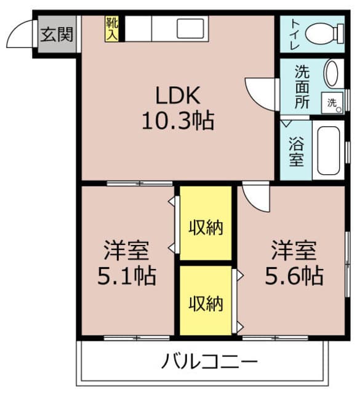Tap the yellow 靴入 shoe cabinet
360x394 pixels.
(112, 29)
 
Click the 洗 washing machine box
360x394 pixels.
(332, 103)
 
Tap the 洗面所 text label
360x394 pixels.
(302, 86)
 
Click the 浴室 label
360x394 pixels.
(296, 150)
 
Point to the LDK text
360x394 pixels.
(177, 96)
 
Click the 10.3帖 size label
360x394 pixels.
(177, 121)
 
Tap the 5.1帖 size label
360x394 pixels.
(126, 275)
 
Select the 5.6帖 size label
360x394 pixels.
(294, 275)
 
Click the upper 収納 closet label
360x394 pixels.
(206, 227)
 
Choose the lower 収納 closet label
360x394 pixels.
(206, 303)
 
